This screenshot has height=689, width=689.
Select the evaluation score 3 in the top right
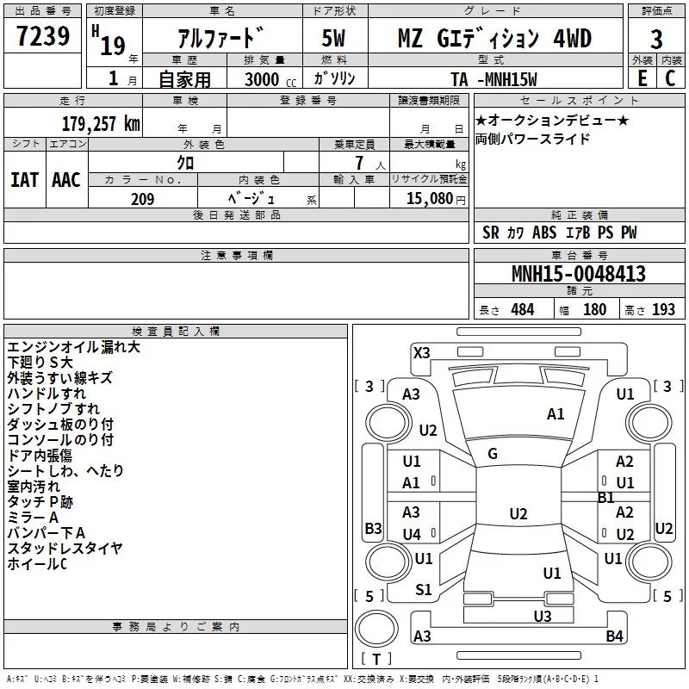pyautogui.click(x=656, y=40)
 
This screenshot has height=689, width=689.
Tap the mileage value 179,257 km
pyautogui.click(x=101, y=123)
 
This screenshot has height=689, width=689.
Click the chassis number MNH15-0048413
pyautogui.click(x=578, y=275)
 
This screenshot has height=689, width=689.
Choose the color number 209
pyautogui.click(x=142, y=199)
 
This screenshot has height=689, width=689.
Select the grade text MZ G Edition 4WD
pyautogui.click(x=494, y=39)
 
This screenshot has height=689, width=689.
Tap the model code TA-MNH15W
pyautogui.click(x=493, y=79)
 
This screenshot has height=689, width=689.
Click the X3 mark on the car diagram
pyautogui.click(x=422, y=351)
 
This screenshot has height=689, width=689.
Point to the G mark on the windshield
pyautogui.click(x=493, y=454)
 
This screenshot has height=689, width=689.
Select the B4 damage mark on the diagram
pyautogui.click(x=614, y=636)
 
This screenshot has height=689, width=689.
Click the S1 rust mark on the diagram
pyautogui.click(x=424, y=589)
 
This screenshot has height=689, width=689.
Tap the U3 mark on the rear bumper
pyautogui.click(x=542, y=616)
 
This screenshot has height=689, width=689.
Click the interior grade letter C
pyautogui.click(x=670, y=78)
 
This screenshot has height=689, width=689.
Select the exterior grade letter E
pyautogui.click(x=642, y=78)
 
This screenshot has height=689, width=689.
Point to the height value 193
pyautogui.click(x=663, y=310)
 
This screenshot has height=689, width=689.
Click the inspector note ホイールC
pyautogui.click(x=37, y=564)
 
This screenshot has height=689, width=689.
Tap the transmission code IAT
pyautogui.click(x=24, y=179)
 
